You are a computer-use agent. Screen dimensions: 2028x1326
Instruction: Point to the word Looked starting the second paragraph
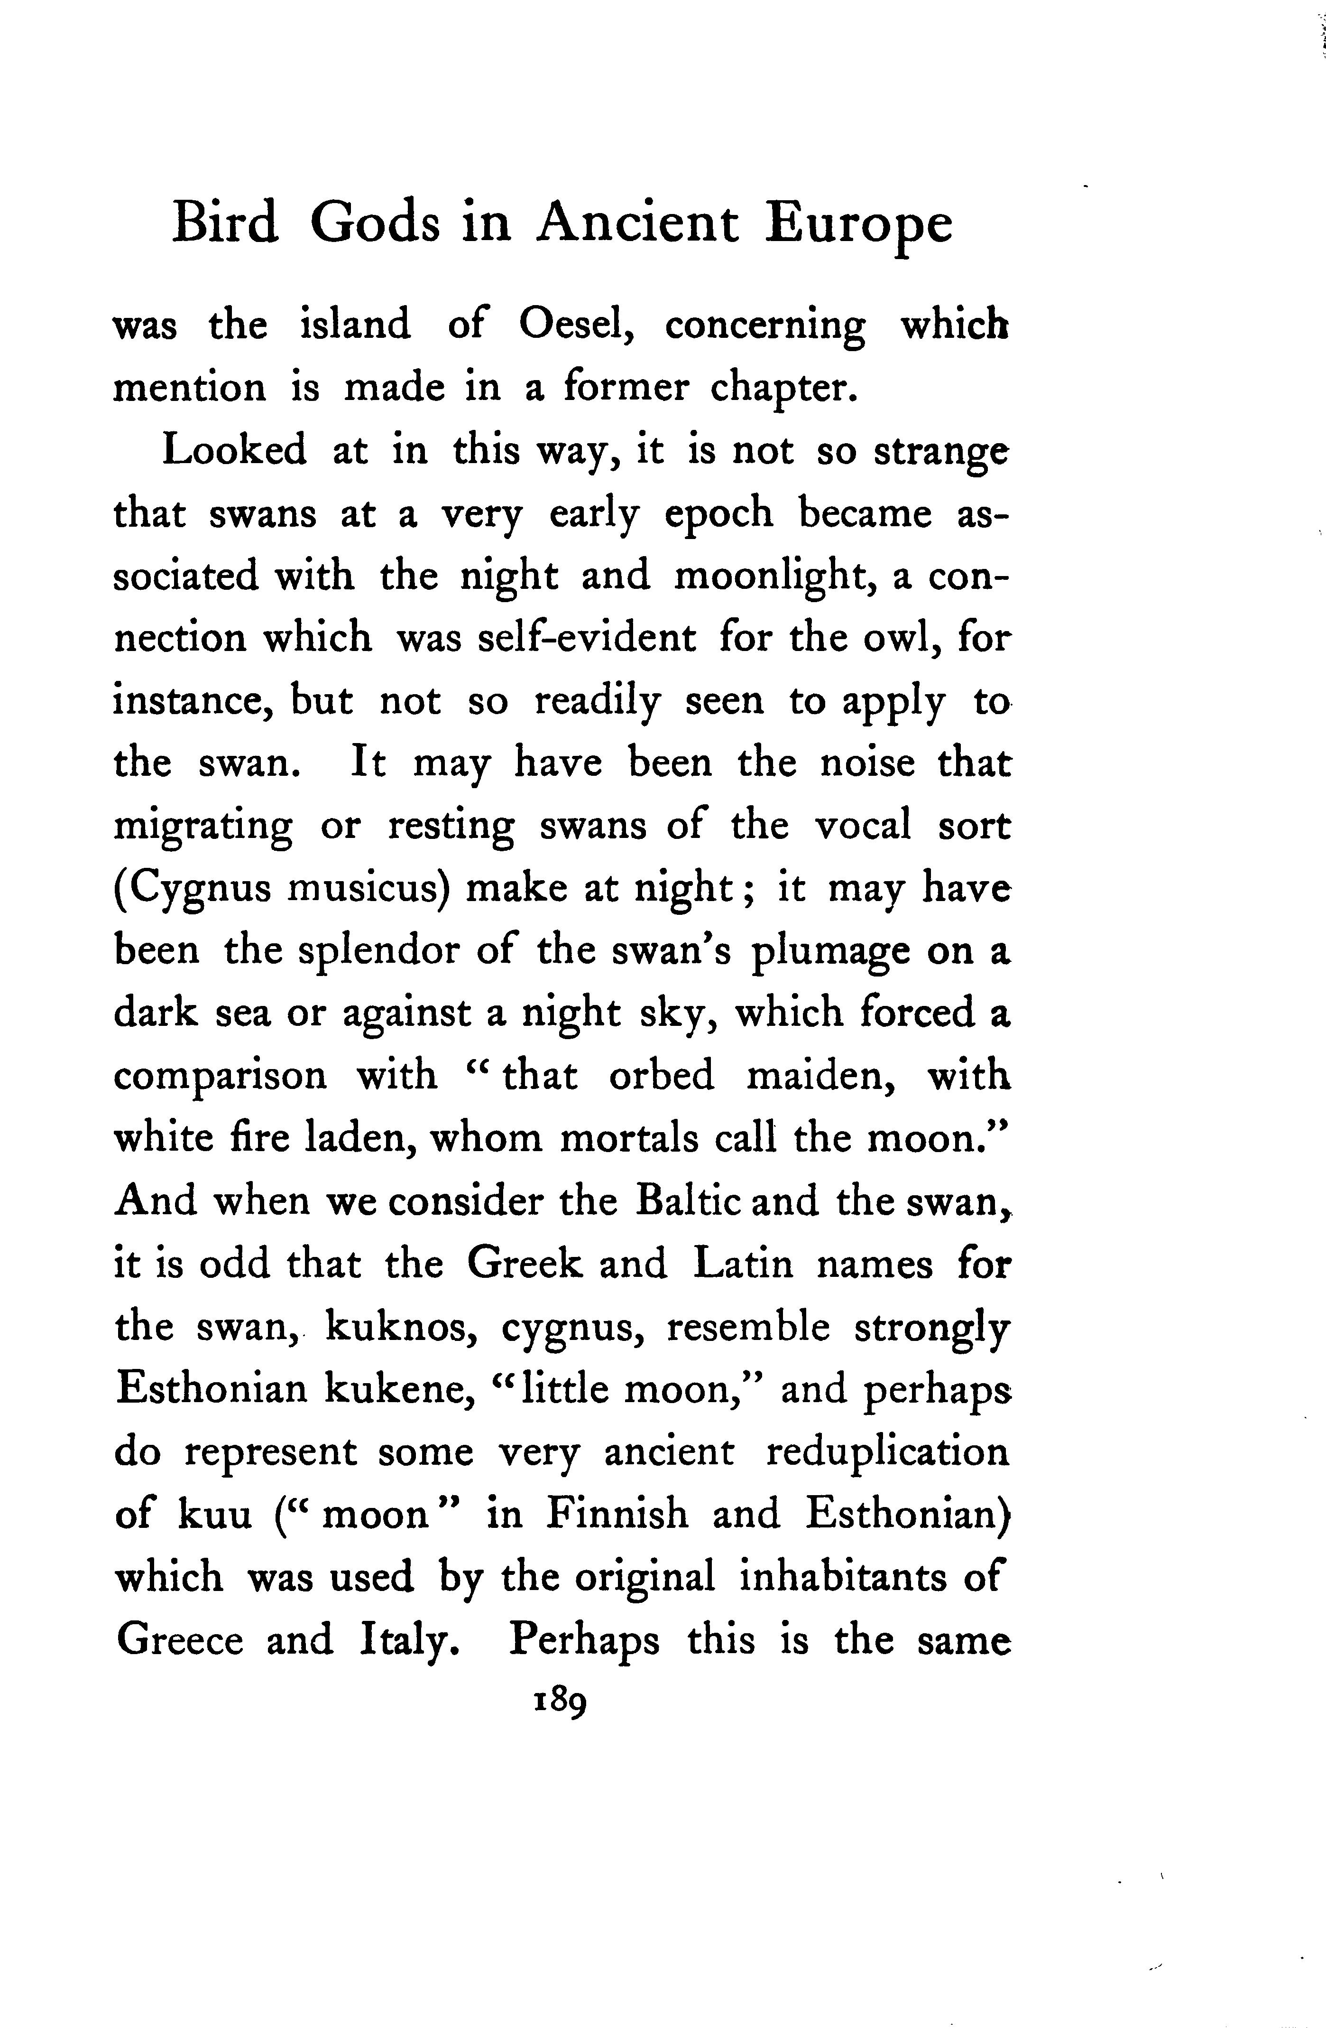234,450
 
